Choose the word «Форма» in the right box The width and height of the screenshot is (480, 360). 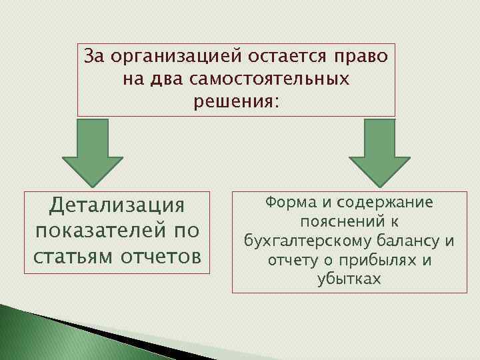[287, 202]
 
